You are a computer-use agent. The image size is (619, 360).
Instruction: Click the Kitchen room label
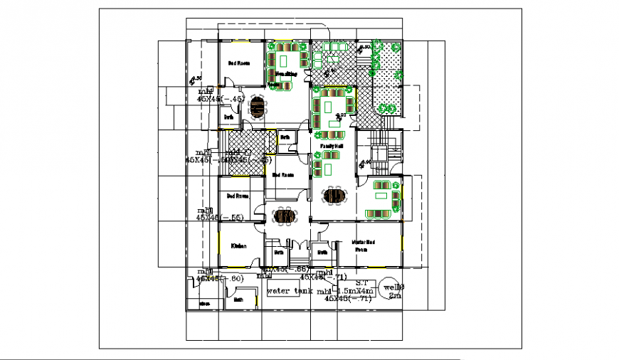(238, 246)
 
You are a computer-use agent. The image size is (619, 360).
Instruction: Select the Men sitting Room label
(285, 74)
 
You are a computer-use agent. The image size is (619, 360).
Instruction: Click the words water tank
(285, 291)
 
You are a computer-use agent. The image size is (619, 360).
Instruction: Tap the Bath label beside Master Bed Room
(322, 252)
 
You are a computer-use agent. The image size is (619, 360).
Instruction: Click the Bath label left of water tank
(238, 300)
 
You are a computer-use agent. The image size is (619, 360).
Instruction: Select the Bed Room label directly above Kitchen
(238, 196)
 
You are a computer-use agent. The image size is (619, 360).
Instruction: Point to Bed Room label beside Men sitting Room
(238, 63)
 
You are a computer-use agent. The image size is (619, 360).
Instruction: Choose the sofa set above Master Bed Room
(382, 199)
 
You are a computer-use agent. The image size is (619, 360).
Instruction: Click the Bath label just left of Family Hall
(285, 137)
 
